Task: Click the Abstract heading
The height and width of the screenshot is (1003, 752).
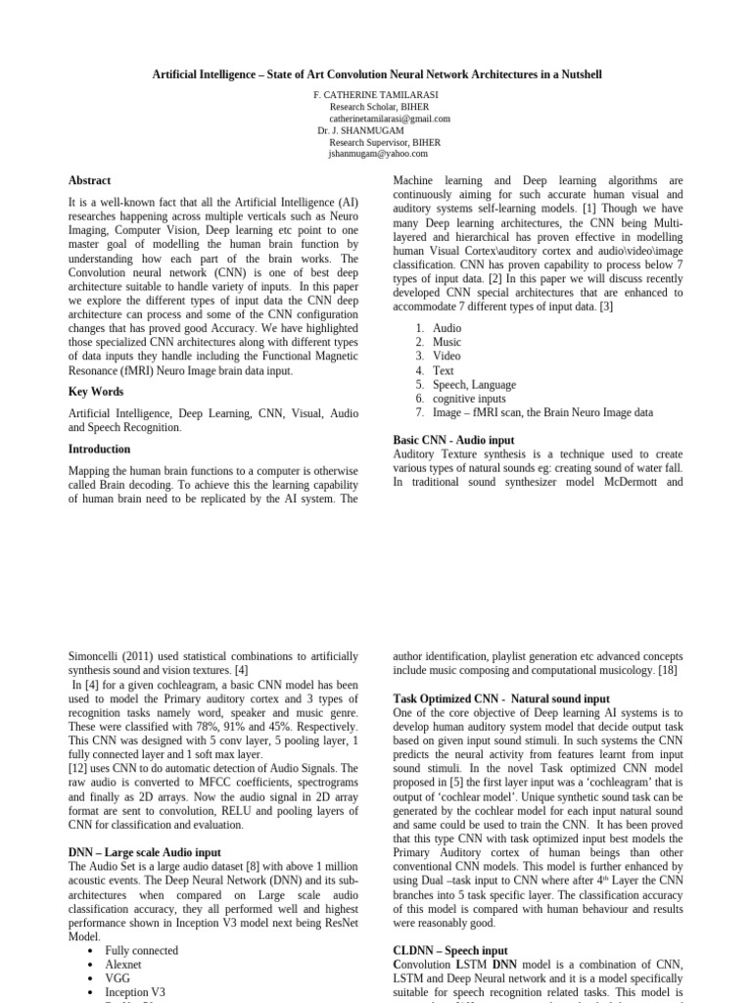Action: pos(89,180)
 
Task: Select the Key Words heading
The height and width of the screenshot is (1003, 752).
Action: pos(95,392)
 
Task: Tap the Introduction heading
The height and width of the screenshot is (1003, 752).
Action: pos(99,449)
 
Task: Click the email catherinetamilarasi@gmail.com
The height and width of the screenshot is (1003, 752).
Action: pos(389,119)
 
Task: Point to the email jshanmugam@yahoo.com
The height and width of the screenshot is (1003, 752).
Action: pos(378,154)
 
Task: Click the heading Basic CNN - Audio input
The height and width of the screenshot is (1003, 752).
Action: pos(452,441)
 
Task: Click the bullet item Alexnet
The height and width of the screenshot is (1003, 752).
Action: pos(122,964)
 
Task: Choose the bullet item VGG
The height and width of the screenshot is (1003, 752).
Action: pos(117,978)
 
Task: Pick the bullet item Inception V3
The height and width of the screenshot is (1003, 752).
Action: pos(133,991)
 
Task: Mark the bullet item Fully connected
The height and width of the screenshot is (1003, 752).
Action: pos(141,950)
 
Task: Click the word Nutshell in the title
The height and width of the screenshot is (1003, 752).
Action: pos(578,74)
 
